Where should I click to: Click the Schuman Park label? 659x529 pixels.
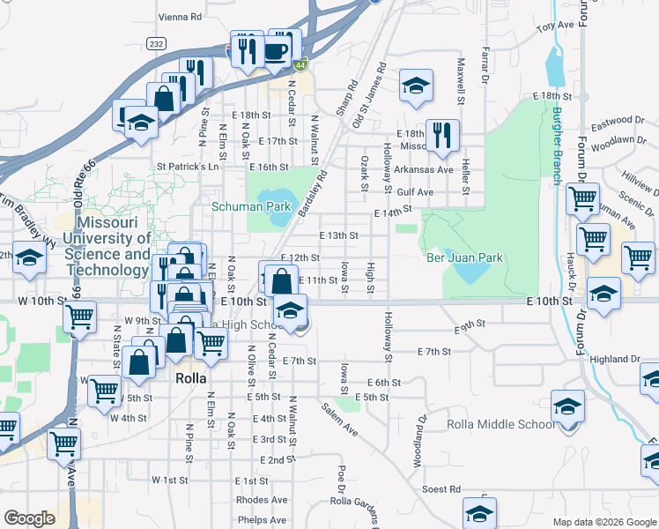click(x=251, y=206)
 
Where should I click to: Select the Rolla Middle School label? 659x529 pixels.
click(x=500, y=424)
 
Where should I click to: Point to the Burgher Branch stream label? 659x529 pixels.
click(x=557, y=145)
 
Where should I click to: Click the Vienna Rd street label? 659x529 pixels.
click(x=181, y=16)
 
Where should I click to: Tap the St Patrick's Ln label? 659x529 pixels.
click(x=187, y=166)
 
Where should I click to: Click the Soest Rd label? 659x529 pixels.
click(x=442, y=488)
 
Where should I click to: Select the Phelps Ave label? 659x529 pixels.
click(x=262, y=520)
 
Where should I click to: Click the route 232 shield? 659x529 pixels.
click(x=157, y=43)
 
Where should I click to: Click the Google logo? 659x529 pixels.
click(x=29, y=518)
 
